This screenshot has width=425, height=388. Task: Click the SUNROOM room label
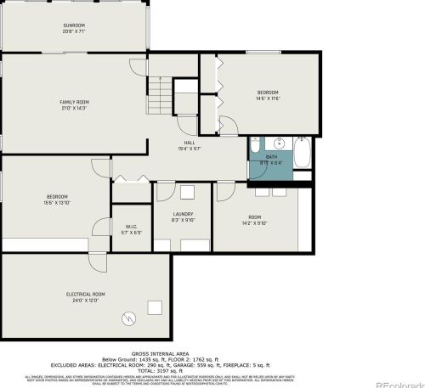click(74, 25)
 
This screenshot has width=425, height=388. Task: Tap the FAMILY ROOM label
click(74, 102)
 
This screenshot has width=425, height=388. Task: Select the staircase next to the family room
click(160, 93)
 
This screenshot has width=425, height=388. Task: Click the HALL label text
click(190, 143)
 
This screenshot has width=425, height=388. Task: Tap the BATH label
click(271, 156)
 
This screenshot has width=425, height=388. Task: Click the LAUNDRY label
click(183, 214)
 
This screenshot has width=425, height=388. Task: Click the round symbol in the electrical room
click(129, 318)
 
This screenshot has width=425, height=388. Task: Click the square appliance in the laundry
click(188, 193)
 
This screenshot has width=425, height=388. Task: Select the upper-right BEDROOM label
click(269, 92)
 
